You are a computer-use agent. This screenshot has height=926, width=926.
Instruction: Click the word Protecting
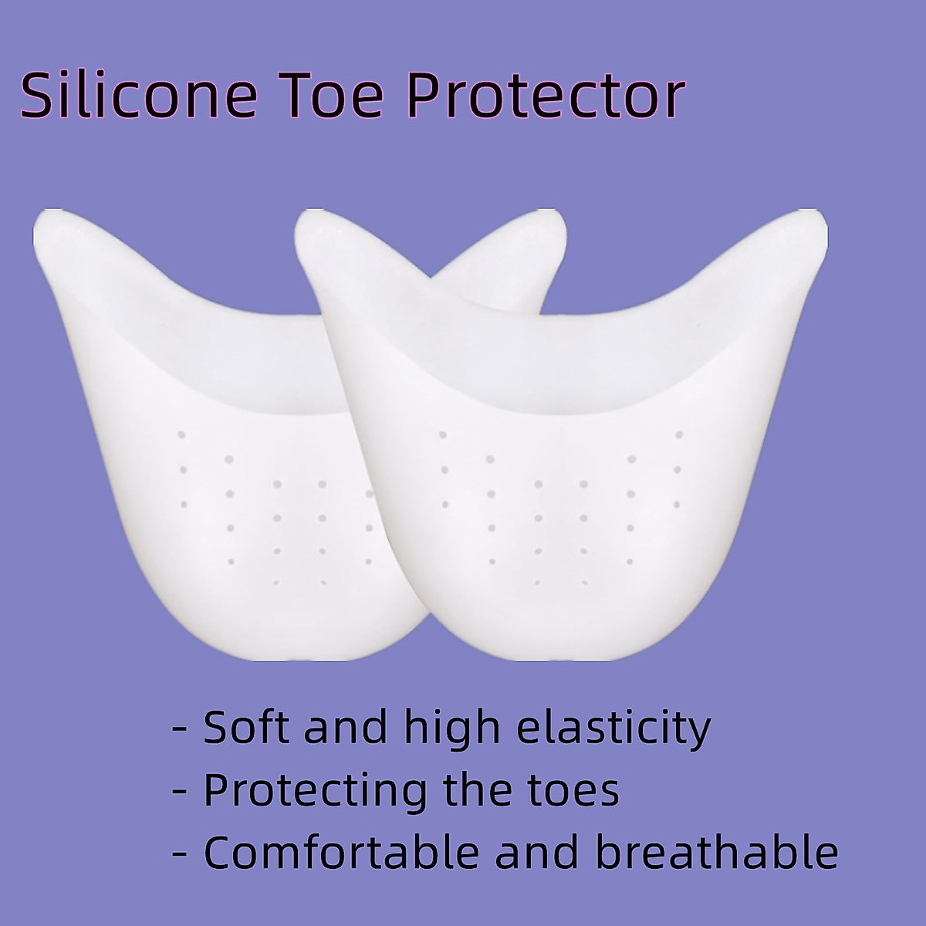pyautogui.click(x=316, y=790)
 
